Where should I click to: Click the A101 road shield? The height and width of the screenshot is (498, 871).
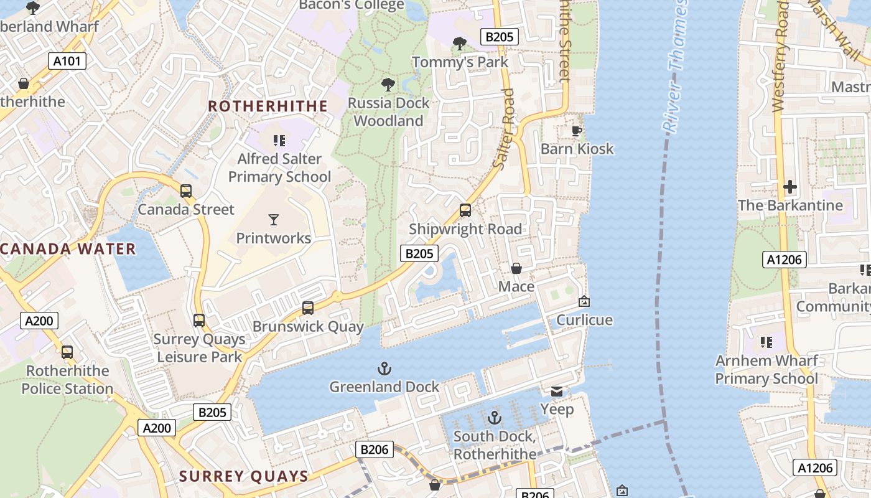tap(67, 60)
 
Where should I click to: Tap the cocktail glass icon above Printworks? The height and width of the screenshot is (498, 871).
tap(274, 219)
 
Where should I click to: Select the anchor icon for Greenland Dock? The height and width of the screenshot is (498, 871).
tap(384, 369)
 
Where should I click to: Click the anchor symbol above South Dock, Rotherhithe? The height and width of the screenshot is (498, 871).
tap(495, 417)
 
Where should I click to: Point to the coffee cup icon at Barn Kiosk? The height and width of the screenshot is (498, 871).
tap(577, 131)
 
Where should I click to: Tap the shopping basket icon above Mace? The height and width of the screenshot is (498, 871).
tap(516, 268)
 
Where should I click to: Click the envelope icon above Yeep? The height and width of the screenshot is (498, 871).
tap(557, 391)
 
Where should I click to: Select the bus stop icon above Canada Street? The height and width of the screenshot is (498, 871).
tap(186, 191)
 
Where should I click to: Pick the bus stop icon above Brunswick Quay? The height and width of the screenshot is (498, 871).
tap(308, 308)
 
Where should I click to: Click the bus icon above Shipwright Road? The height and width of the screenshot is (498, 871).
tap(465, 210)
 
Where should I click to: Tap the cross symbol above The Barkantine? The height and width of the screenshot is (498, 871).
tap(790, 186)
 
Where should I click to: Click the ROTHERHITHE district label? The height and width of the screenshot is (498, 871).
tap(268, 106)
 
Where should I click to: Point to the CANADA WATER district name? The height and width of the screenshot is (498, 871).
tap(68, 249)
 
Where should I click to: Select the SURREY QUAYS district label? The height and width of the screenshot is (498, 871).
tap(244, 477)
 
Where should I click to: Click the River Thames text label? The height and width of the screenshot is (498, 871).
tap(674, 65)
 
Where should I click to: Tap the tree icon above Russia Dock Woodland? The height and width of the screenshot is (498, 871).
tap(388, 84)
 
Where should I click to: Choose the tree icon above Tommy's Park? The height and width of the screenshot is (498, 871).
tap(460, 44)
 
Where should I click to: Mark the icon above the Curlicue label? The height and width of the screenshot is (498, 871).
tap(584, 301)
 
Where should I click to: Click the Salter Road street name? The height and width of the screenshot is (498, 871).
tap(504, 129)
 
